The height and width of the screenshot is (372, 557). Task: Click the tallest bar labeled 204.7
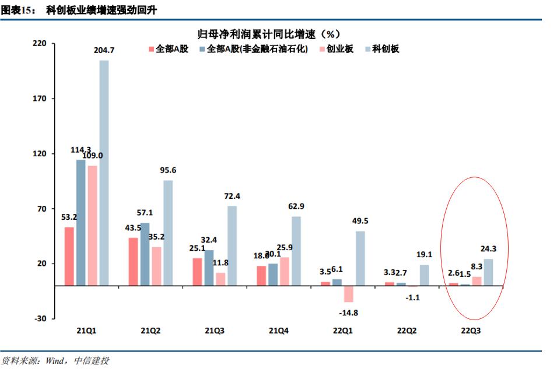point(104,173)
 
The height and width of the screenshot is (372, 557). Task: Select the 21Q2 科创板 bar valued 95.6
point(168,233)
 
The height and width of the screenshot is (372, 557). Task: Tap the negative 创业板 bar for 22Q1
point(349,294)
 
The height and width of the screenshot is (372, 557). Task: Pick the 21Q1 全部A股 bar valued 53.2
point(69,257)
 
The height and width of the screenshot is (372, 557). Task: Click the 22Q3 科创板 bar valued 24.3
point(488,272)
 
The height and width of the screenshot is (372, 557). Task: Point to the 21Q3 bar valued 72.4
point(232,245)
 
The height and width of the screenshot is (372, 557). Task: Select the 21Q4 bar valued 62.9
point(296,251)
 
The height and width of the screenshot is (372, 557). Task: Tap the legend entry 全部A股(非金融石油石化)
point(257,49)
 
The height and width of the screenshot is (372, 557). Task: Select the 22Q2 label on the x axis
point(407,331)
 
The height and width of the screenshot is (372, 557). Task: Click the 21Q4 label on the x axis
point(279,331)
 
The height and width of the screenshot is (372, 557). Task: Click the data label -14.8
point(348,313)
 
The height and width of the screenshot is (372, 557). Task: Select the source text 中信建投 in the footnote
point(92,361)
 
